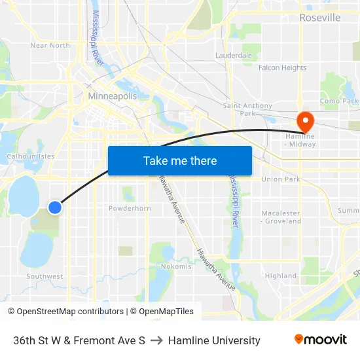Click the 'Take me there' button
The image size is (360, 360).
click(x=180, y=161)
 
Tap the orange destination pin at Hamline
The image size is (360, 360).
click(x=305, y=120)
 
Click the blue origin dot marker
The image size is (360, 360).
click(x=55, y=207)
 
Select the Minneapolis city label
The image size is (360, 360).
click(x=113, y=96)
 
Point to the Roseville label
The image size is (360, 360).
click(x=319, y=18)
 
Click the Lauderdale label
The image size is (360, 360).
click(x=234, y=56)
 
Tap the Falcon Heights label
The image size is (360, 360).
click(x=282, y=68)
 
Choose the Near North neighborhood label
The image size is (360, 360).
click(x=50, y=45)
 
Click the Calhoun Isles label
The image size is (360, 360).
click(x=31, y=156)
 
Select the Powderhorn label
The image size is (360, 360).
click(x=130, y=208)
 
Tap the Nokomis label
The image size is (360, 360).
click(x=176, y=266)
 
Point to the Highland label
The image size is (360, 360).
click(x=281, y=276)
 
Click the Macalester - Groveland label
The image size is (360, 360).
click(x=281, y=217)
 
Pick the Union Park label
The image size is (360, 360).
click(x=280, y=179)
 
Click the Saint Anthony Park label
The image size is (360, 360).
click(x=243, y=109)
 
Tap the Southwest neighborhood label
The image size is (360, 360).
click(x=45, y=277)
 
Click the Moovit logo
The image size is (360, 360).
click(x=320, y=340)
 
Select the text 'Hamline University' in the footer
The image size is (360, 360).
click(x=214, y=340)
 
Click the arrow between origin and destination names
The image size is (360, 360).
click(x=156, y=340)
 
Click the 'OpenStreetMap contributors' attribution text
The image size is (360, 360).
click(x=70, y=312)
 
